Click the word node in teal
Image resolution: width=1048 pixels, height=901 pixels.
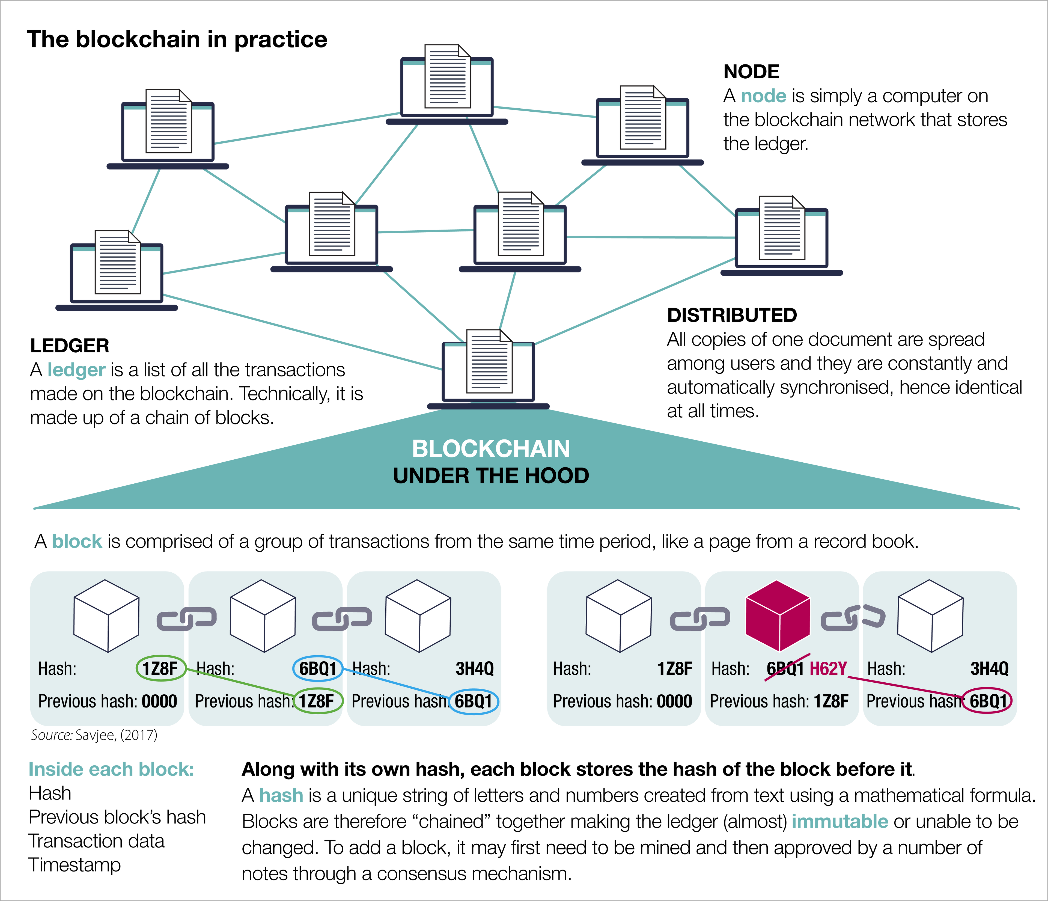pos(764,96)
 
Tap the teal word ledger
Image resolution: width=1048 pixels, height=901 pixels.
pos(76,370)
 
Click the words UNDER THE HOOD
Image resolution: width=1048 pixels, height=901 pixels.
pos(491,475)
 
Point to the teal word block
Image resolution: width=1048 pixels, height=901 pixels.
pos(78,541)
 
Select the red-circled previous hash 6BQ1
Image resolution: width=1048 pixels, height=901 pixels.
pos(987,701)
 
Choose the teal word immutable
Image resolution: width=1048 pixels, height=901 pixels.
pos(839,822)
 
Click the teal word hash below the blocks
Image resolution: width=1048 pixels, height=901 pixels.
pos(281,795)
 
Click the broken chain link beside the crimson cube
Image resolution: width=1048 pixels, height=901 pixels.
pos(853,617)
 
